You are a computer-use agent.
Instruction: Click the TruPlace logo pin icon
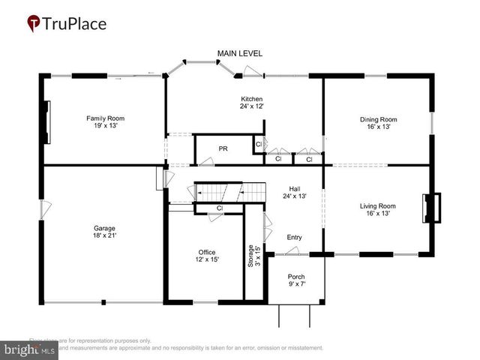tap(34, 24)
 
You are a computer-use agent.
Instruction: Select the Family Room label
tap(105, 122)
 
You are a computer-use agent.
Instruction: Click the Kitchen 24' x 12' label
tap(251, 103)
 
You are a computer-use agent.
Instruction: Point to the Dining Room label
tap(378, 123)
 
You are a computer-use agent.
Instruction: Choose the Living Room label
tap(378, 208)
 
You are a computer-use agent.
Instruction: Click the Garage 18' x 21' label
tap(105, 232)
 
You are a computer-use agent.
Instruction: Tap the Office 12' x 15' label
tap(206, 256)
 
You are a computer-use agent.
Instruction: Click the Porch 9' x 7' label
tap(296, 280)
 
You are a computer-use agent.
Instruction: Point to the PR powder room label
tap(223, 148)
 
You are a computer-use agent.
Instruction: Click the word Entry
tap(295, 238)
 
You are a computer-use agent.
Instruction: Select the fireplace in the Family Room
tap(46, 122)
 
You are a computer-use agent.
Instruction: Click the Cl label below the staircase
tap(220, 208)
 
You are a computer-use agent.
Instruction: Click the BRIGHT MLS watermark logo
tap(30, 349)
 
